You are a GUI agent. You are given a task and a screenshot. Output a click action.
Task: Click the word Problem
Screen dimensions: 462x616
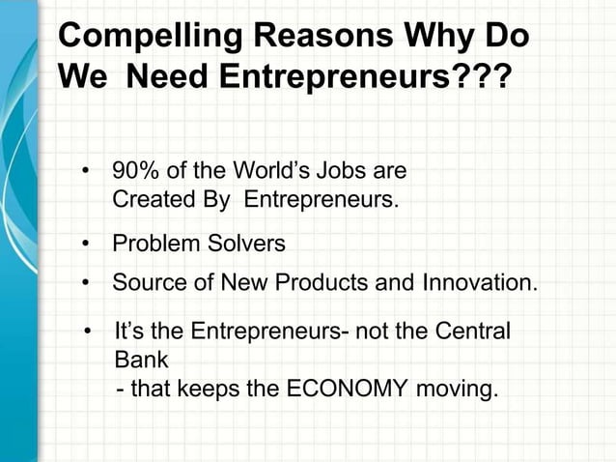pos(154,244)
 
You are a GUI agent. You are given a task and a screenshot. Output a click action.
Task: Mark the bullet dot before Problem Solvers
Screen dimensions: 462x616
pos(86,245)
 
